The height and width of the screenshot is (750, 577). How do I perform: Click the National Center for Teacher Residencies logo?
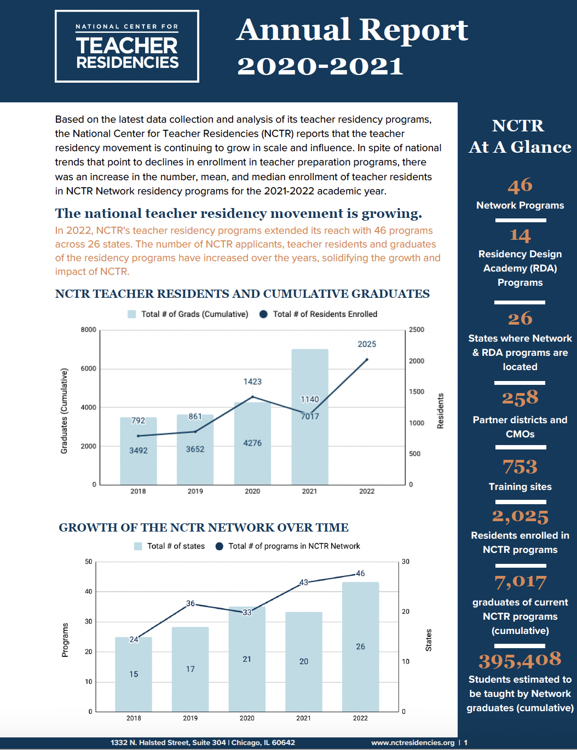pos(127,47)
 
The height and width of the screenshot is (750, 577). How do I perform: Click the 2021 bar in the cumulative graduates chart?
pos(310,438)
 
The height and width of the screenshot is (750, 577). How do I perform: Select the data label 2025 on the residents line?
pos(367,344)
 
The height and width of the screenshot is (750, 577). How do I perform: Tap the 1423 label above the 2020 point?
pos(252,382)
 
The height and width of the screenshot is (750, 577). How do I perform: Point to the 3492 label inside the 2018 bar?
pos(139,451)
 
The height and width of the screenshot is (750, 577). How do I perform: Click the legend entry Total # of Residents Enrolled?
pos(319,314)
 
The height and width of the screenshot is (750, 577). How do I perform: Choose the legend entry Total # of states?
pos(170,546)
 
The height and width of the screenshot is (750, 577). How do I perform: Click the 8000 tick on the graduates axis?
pos(88,330)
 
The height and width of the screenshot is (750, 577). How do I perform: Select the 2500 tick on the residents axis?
pos(416,330)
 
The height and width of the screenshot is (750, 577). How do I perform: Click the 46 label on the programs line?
pos(360,574)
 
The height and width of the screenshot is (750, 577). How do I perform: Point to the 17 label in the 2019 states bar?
pos(191,669)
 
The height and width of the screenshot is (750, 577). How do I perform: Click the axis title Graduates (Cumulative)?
pos(64,411)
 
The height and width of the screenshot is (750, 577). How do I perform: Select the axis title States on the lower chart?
pos(429,640)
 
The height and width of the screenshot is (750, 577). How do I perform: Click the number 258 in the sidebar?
pos(520,398)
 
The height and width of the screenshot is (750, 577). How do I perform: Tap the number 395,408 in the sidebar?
pos(520,660)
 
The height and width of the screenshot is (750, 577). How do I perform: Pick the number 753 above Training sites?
pos(520,467)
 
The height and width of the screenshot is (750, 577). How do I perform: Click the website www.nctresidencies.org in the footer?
pos(413,743)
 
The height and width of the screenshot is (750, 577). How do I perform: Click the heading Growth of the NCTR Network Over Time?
pos(204,528)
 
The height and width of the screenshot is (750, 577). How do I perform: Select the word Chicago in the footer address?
pos(246,743)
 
